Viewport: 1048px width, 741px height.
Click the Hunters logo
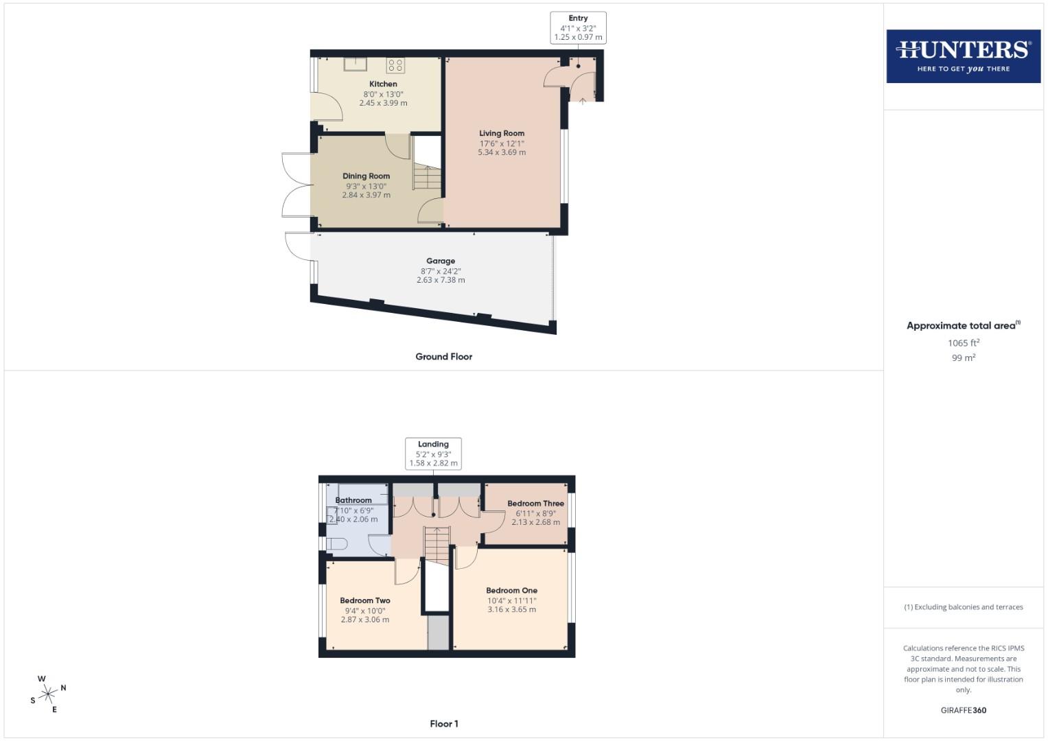point(963,56)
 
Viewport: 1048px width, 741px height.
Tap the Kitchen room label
point(383,84)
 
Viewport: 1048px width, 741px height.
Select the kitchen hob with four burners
point(395,65)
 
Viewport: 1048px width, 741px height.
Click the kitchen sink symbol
point(356,64)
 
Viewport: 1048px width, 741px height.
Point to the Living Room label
point(502,134)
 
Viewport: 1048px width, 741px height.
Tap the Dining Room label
point(366,176)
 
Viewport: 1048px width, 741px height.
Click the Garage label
point(441,261)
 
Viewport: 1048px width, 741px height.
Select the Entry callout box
point(578,28)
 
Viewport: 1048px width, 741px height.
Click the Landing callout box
point(433,454)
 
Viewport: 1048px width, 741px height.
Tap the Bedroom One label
point(511,591)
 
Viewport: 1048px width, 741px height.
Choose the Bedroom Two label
point(365,601)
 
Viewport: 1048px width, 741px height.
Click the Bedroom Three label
point(535,504)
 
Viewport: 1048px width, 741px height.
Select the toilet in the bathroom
point(336,544)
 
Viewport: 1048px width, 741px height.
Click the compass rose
point(48,694)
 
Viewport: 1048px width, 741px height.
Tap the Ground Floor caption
point(443,357)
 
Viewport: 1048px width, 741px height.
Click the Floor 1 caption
point(443,724)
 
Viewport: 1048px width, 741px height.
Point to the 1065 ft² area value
point(963,343)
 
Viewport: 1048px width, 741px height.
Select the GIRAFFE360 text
point(963,711)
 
